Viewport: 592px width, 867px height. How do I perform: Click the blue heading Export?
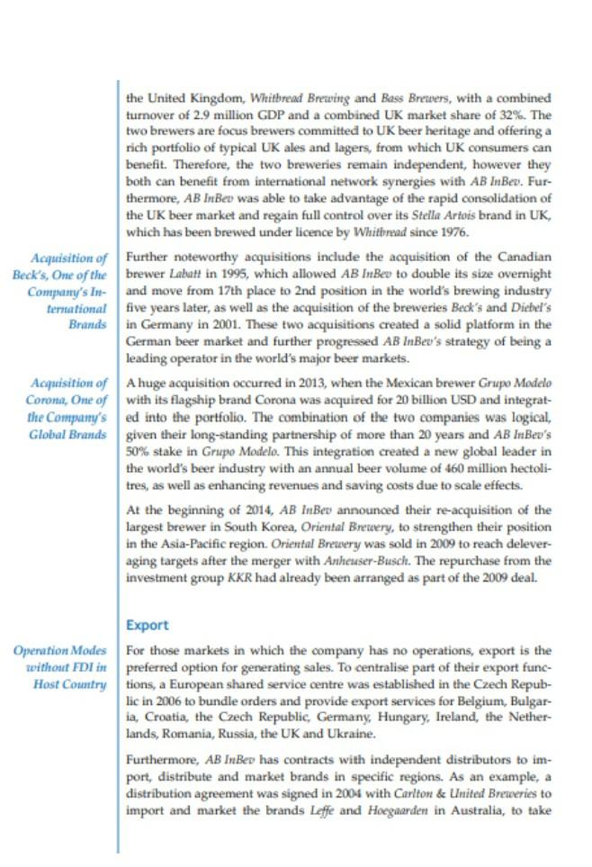[x=147, y=624]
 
